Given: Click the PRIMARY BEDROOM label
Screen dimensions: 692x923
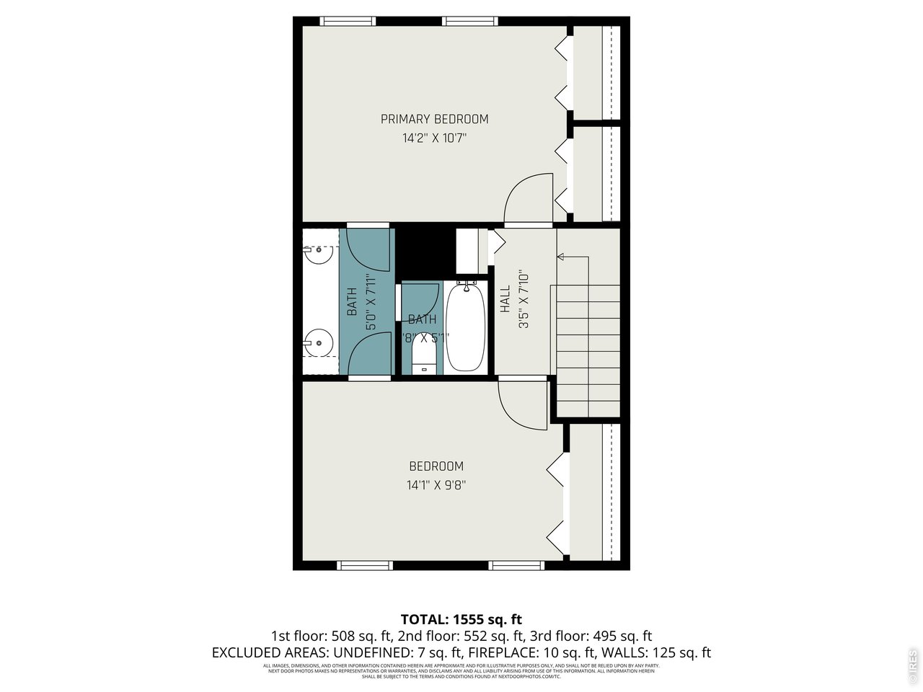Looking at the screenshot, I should click(x=434, y=119).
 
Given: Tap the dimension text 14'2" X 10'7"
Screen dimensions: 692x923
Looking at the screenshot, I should click(x=434, y=138).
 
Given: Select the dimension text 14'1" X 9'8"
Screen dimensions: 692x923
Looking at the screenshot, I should click(x=436, y=485).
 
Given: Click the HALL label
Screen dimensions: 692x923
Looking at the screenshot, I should click(x=505, y=299).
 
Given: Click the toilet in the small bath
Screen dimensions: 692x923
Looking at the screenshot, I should click(x=424, y=356).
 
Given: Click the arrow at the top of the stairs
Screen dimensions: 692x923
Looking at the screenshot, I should click(x=562, y=256).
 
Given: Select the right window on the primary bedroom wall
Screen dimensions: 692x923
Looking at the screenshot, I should click(x=467, y=21).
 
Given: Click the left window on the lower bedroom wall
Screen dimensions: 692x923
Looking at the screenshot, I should click(x=365, y=566).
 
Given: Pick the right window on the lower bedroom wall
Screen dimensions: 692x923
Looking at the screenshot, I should click(x=516, y=566).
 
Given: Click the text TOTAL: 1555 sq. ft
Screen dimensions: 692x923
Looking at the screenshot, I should click(x=461, y=619).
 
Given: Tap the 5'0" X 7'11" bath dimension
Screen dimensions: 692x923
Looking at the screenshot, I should click(x=371, y=302).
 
